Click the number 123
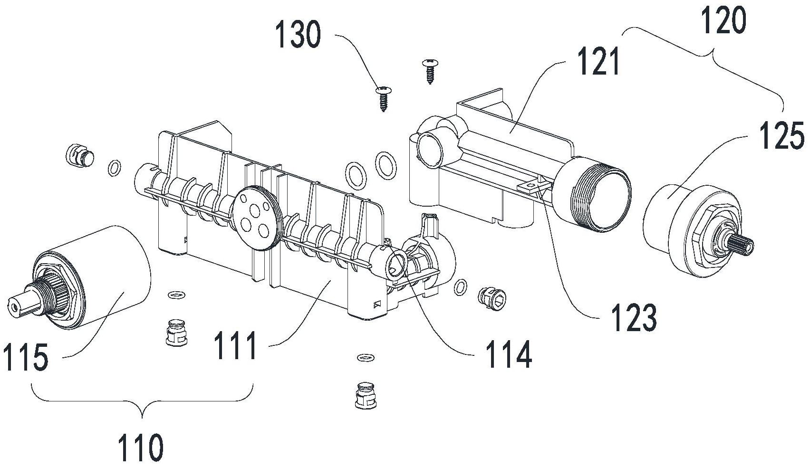coord(634,318)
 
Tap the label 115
coord(25,357)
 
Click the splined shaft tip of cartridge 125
coord(740,246)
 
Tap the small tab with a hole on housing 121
coord(531,186)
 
